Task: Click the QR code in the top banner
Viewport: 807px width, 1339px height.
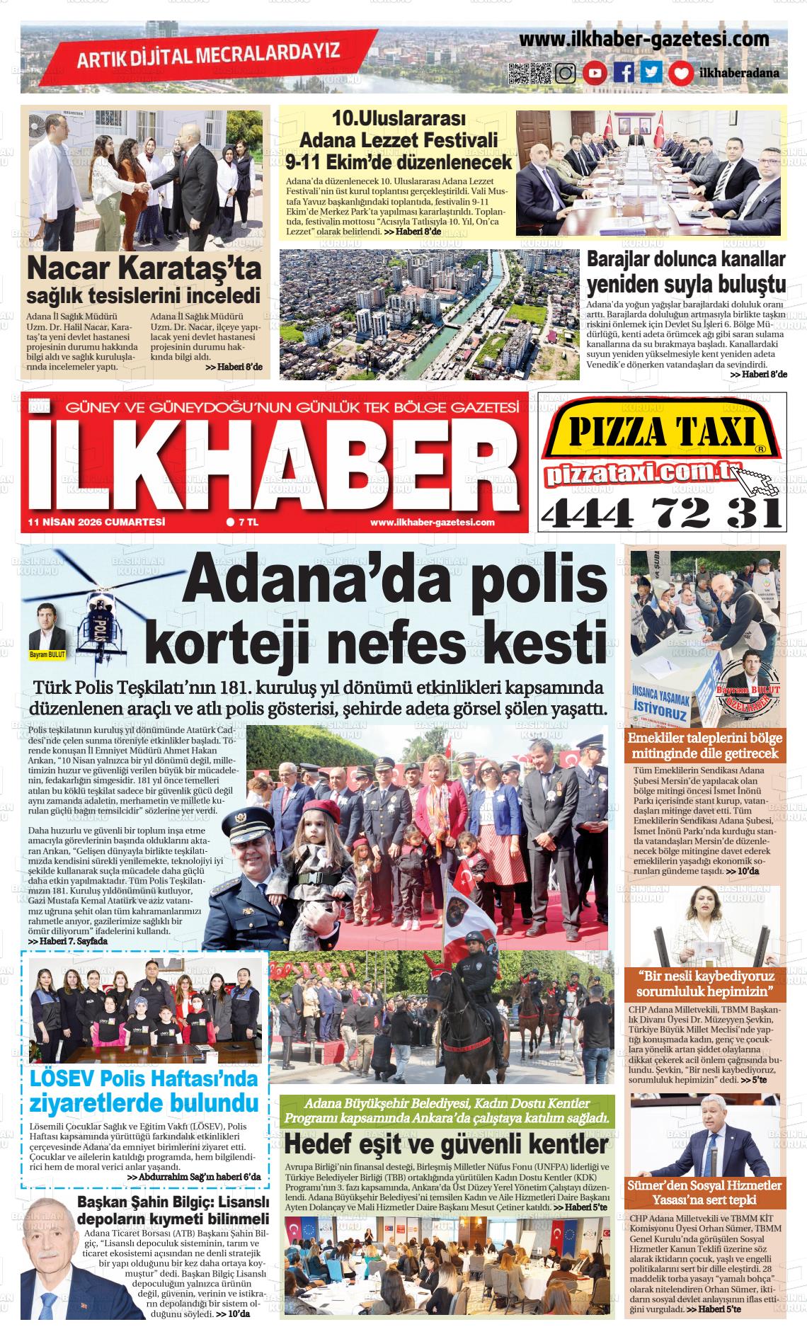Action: click(x=530, y=73)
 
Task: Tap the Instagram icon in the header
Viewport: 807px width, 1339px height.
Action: click(x=566, y=73)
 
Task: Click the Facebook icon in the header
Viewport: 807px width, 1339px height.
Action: click(x=624, y=73)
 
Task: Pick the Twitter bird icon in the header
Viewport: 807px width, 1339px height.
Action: click(x=651, y=73)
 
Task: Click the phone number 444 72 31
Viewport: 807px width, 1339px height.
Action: click(x=660, y=511)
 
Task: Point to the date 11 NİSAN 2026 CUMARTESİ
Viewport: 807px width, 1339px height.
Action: click(x=96, y=522)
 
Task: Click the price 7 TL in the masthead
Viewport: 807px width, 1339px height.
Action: click(x=243, y=522)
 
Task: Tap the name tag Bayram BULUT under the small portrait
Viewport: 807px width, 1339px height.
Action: click(x=47, y=655)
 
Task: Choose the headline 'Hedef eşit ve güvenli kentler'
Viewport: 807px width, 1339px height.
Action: click(x=445, y=1144)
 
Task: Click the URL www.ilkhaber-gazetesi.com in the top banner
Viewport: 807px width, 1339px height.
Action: click(x=643, y=40)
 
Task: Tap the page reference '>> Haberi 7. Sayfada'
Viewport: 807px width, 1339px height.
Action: click(x=68, y=942)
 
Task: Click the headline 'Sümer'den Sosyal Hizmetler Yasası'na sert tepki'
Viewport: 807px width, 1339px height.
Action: click(x=704, y=1192)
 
